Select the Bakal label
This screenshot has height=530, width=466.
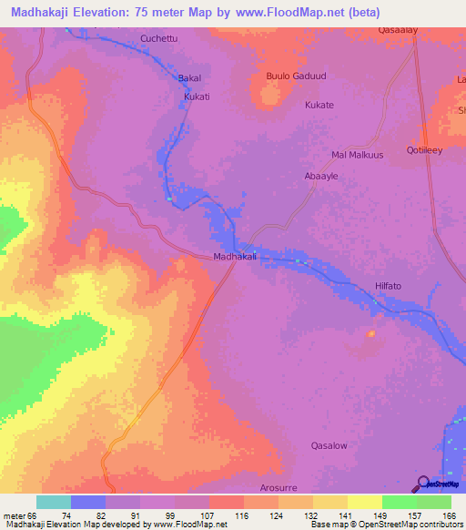click(x=188, y=79)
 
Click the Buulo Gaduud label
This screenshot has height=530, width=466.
click(x=295, y=76)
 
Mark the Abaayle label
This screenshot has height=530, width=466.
click(x=321, y=176)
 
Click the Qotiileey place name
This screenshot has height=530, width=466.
click(x=424, y=151)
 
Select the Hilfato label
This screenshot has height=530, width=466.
click(x=393, y=287)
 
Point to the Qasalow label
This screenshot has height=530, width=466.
click(x=329, y=446)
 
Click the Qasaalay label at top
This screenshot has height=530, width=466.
click(x=398, y=29)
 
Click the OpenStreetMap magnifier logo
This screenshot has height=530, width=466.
click(x=423, y=483)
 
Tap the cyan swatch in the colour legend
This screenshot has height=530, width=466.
click(x=54, y=502)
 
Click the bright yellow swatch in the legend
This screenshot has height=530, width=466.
click(x=364, y=502)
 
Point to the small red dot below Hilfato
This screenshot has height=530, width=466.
click(x=370, y=333)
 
